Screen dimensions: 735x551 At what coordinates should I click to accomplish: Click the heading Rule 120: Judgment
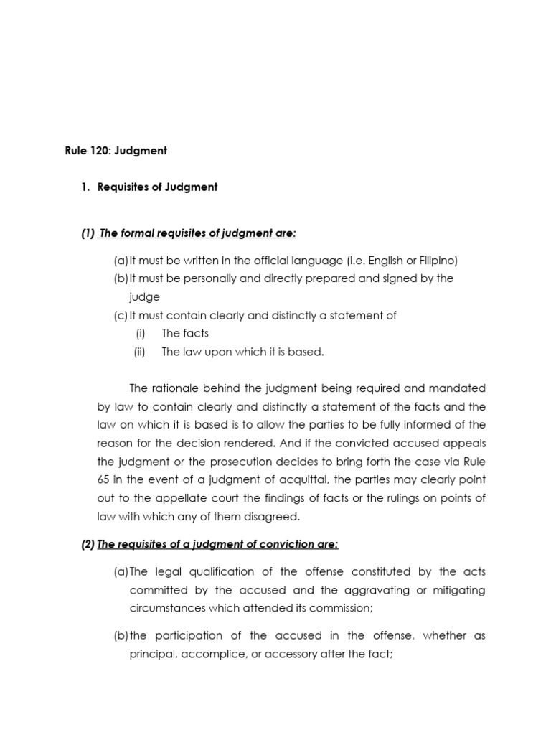(116, 151)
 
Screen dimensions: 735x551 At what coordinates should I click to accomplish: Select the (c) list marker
(121, 315)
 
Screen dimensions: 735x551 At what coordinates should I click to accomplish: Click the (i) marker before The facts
(141, 333)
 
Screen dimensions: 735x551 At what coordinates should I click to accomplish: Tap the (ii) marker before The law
(140, 352)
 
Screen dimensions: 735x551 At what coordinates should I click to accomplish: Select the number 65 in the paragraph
(103, 480)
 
